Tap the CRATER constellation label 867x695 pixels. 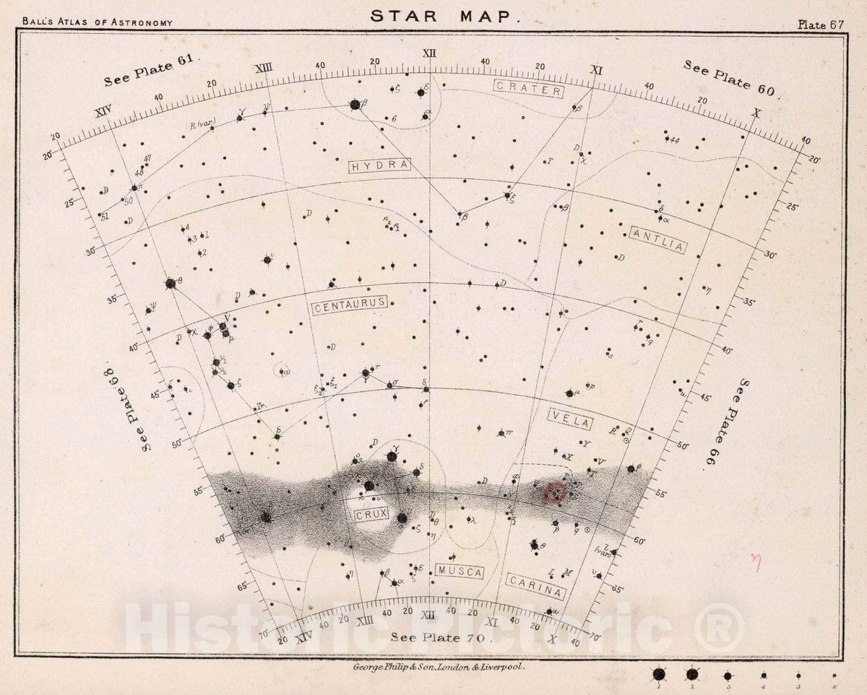528,89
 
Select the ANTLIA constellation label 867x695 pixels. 657,239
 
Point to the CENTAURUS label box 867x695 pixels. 350,307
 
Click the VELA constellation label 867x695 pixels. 570,419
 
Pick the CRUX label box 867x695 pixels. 371,515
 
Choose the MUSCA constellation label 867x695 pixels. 460,572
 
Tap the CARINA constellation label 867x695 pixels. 535,586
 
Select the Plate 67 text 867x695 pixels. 821,23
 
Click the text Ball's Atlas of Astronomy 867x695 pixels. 98,22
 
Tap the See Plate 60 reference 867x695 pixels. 729,77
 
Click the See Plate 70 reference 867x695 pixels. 441,637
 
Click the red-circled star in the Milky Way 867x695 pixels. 555,493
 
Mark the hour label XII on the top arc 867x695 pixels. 430,53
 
